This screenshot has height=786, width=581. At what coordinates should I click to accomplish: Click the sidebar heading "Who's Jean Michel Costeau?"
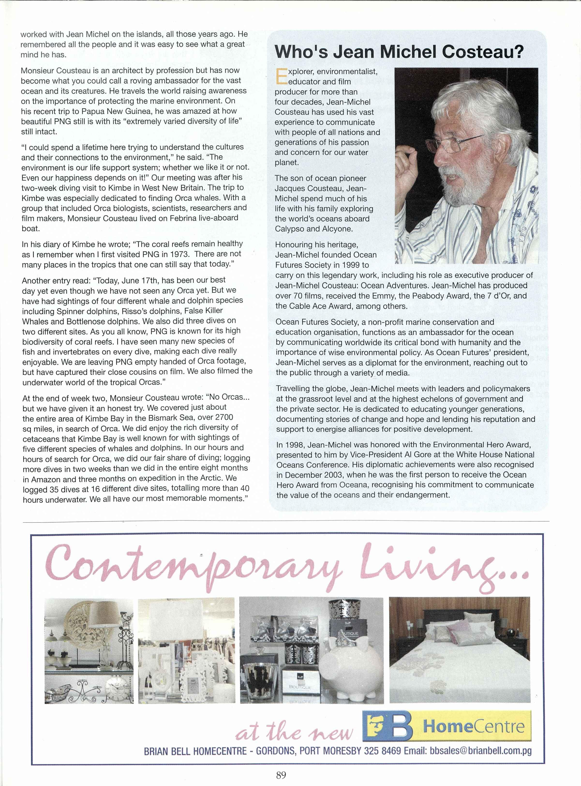399,52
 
